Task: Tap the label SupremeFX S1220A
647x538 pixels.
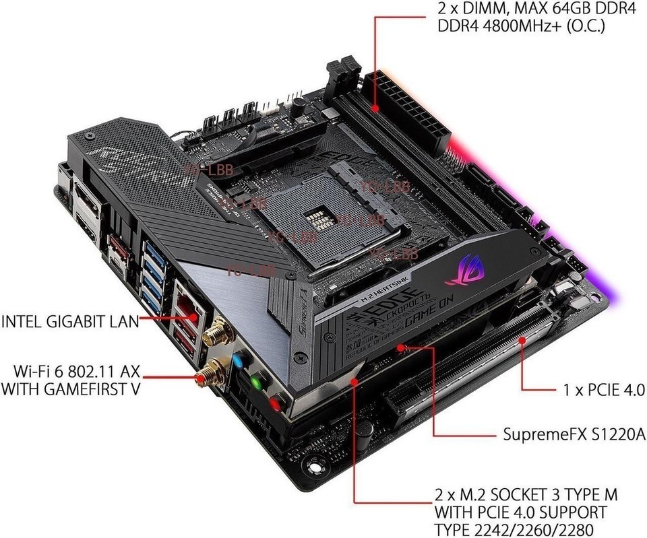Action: tap(574, 434)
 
